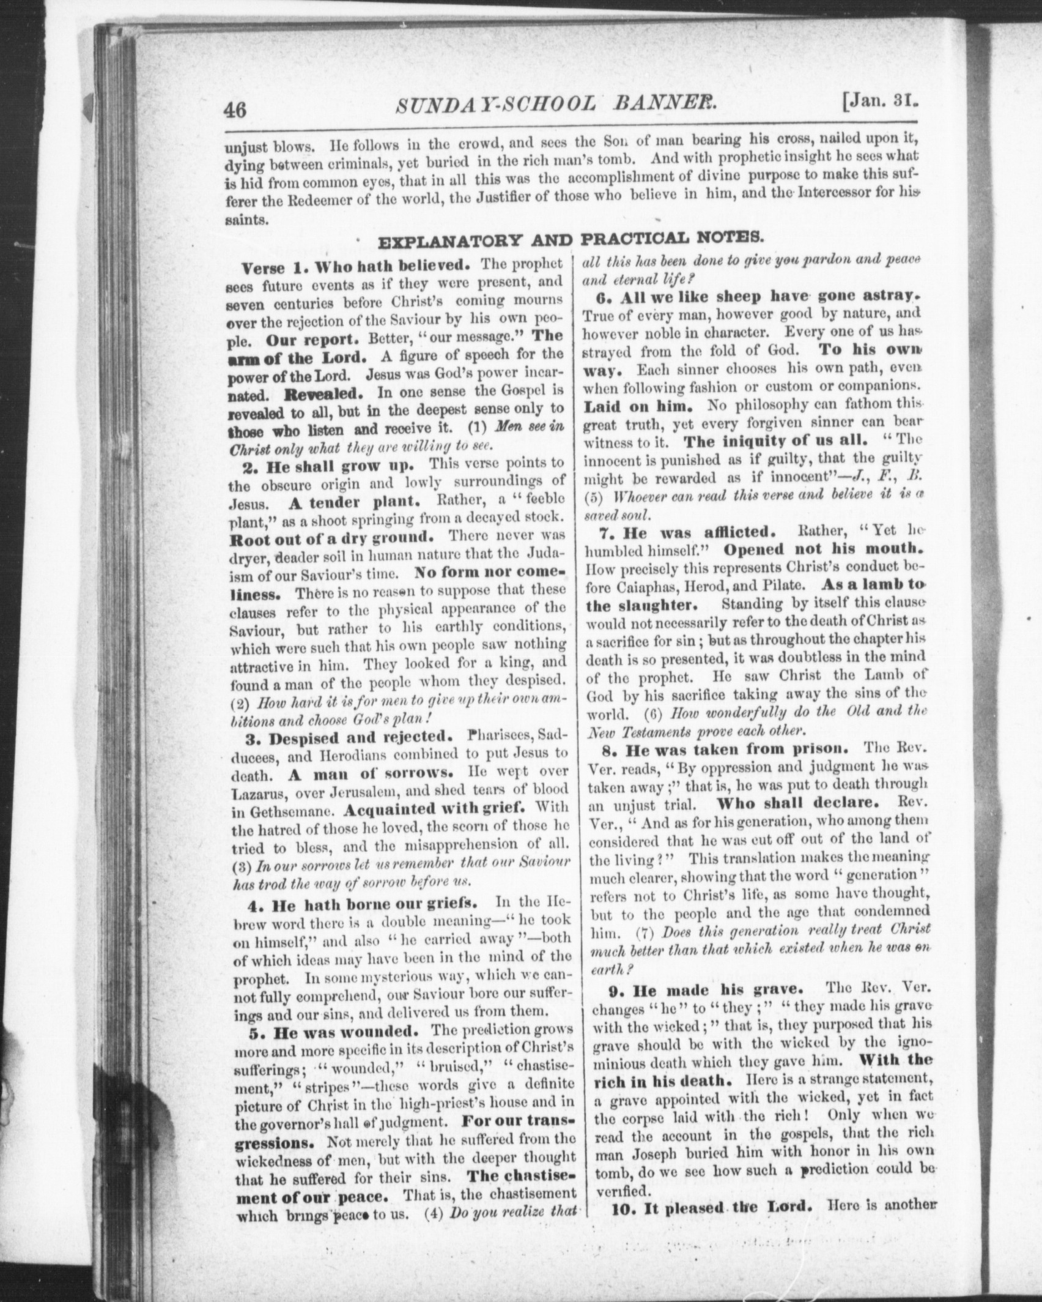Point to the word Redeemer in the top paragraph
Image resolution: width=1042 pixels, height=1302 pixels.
pyautogui.click(x=320, y=196)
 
